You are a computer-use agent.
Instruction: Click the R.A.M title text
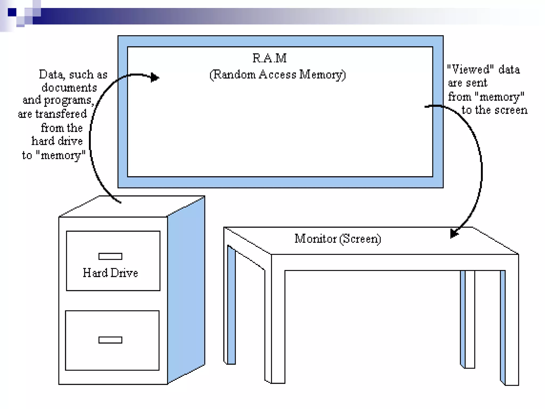click(269, 58)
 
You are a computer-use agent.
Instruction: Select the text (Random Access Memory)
click(278, 75)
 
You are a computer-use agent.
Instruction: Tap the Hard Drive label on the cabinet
click(110, 273)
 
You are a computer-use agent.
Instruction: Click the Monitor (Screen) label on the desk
click(338, 239)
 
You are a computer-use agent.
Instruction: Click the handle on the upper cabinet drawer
click(110, 256)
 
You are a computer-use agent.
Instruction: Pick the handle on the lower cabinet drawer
click(110, 340)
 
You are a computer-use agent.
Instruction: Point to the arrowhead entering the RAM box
click(155, 77)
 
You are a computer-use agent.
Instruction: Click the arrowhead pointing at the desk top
click(453, 234)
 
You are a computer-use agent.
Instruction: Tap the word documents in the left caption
click(69, 88)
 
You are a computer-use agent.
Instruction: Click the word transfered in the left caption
click(61, 114)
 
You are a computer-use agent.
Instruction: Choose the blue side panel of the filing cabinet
click(186, 290)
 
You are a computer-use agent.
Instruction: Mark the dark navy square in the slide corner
click(12, 12)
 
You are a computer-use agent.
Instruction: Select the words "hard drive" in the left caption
click(57, 141)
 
